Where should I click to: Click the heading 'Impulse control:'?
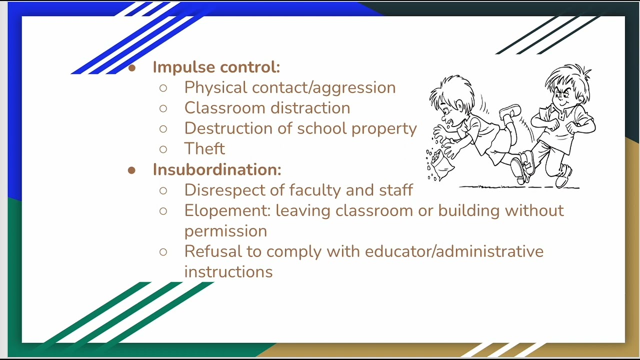pos(216,67)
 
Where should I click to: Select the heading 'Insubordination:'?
pos(217,169)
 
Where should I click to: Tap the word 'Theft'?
pos(204,148)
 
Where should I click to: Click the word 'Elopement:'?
pos(227,210)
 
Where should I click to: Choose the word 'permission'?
pos(225,231)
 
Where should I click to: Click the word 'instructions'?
pos(228,272)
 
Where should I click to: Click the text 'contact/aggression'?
pos(324,88)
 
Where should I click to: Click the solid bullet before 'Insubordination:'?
pos(131,170)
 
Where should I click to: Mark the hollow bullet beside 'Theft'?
pos(163,149)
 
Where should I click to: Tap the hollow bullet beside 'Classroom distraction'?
pos(163,108)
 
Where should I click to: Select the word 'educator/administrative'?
pos(454,251)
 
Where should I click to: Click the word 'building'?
pos(468,210)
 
